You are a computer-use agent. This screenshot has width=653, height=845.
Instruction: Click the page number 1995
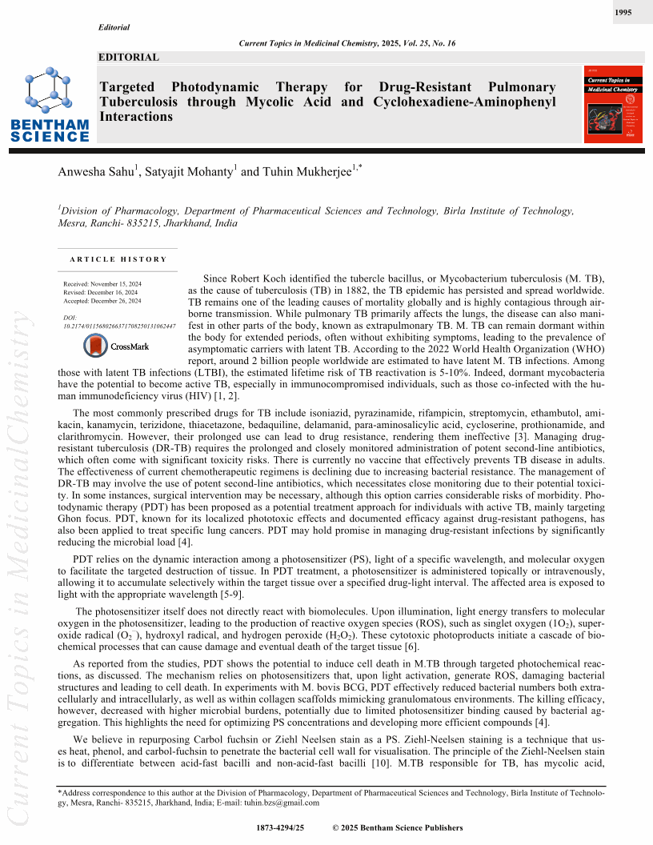point(624,13)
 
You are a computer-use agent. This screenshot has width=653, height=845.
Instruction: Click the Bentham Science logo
point(50,104)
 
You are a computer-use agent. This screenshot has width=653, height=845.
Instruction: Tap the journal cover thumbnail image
point(613,105)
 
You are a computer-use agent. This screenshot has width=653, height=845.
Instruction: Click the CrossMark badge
point(117,346)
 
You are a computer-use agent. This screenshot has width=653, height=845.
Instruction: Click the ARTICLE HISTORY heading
point(118,259)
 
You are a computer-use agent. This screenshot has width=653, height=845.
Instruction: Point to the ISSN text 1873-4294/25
point(280,827)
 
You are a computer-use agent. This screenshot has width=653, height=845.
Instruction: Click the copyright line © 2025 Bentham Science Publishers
point(397,827)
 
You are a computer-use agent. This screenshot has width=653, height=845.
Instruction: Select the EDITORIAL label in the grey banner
point(129,58)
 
